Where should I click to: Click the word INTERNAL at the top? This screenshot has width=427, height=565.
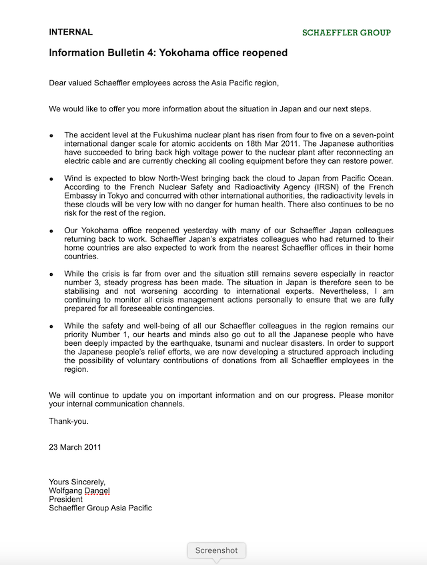[x=71, y=32]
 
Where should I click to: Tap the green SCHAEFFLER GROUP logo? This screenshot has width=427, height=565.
[x=346, y=33]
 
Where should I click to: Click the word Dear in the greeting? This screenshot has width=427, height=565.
[x=59, y=83]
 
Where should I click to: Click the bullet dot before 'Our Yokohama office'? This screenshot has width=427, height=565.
[x=51, y=231]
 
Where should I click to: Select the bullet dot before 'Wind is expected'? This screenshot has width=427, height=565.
[x=51, y=179]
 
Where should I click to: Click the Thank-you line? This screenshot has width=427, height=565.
[x=69, y=421]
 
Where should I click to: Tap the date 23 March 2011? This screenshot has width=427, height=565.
[x=75, y=447]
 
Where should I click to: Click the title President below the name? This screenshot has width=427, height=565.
[x=65, y=499]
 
